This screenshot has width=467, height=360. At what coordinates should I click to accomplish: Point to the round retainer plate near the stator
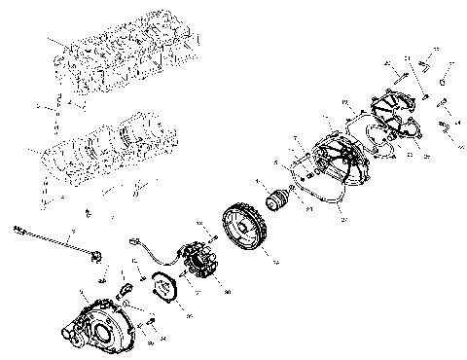pyautogui.click(x=169, y=288)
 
